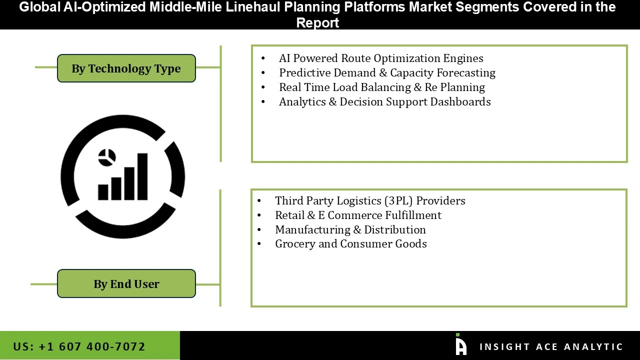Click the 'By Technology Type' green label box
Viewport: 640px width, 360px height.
pyautogui.click(x=126, y=68)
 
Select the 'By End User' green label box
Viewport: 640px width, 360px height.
pyautogui.click(x=126, y=284)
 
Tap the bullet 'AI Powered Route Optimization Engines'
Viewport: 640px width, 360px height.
pyautogui.click(x=381, y=58)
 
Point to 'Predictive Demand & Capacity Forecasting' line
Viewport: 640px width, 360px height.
pyautogui.click(x=387, y=73)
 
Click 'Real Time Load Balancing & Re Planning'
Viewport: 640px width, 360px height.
pyautogui.click(x=382, y=87)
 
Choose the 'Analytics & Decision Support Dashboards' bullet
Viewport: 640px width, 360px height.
pyautogui.click(x=385, y=102)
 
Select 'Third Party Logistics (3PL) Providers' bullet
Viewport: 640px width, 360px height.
pyautogui.click(x=370, y=201)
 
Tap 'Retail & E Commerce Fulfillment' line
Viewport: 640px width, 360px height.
pyautogui.click(x=358, y=215)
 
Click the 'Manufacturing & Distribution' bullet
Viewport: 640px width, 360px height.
pyautogui.click(x=350, y=230)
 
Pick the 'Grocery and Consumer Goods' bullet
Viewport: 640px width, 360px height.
pyautogui.click(x=351, y=244)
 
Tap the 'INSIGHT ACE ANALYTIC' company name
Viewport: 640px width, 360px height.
pyautogui.click(x=551, y=347)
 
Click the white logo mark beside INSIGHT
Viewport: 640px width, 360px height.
pyautogui.click(x=461, y=345)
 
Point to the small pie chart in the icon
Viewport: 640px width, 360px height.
pyautogui.click(x=107, y=157)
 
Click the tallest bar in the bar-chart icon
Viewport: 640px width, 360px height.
pyautogui.click(x=142, y=176)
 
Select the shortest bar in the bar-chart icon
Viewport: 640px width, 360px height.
pyautogui.click(x=103, y=192)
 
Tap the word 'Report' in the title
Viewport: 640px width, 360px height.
pyautogui.click(x=317, y=22)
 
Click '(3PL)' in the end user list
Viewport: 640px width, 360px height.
pyautogui.click(x=398, y=201)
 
